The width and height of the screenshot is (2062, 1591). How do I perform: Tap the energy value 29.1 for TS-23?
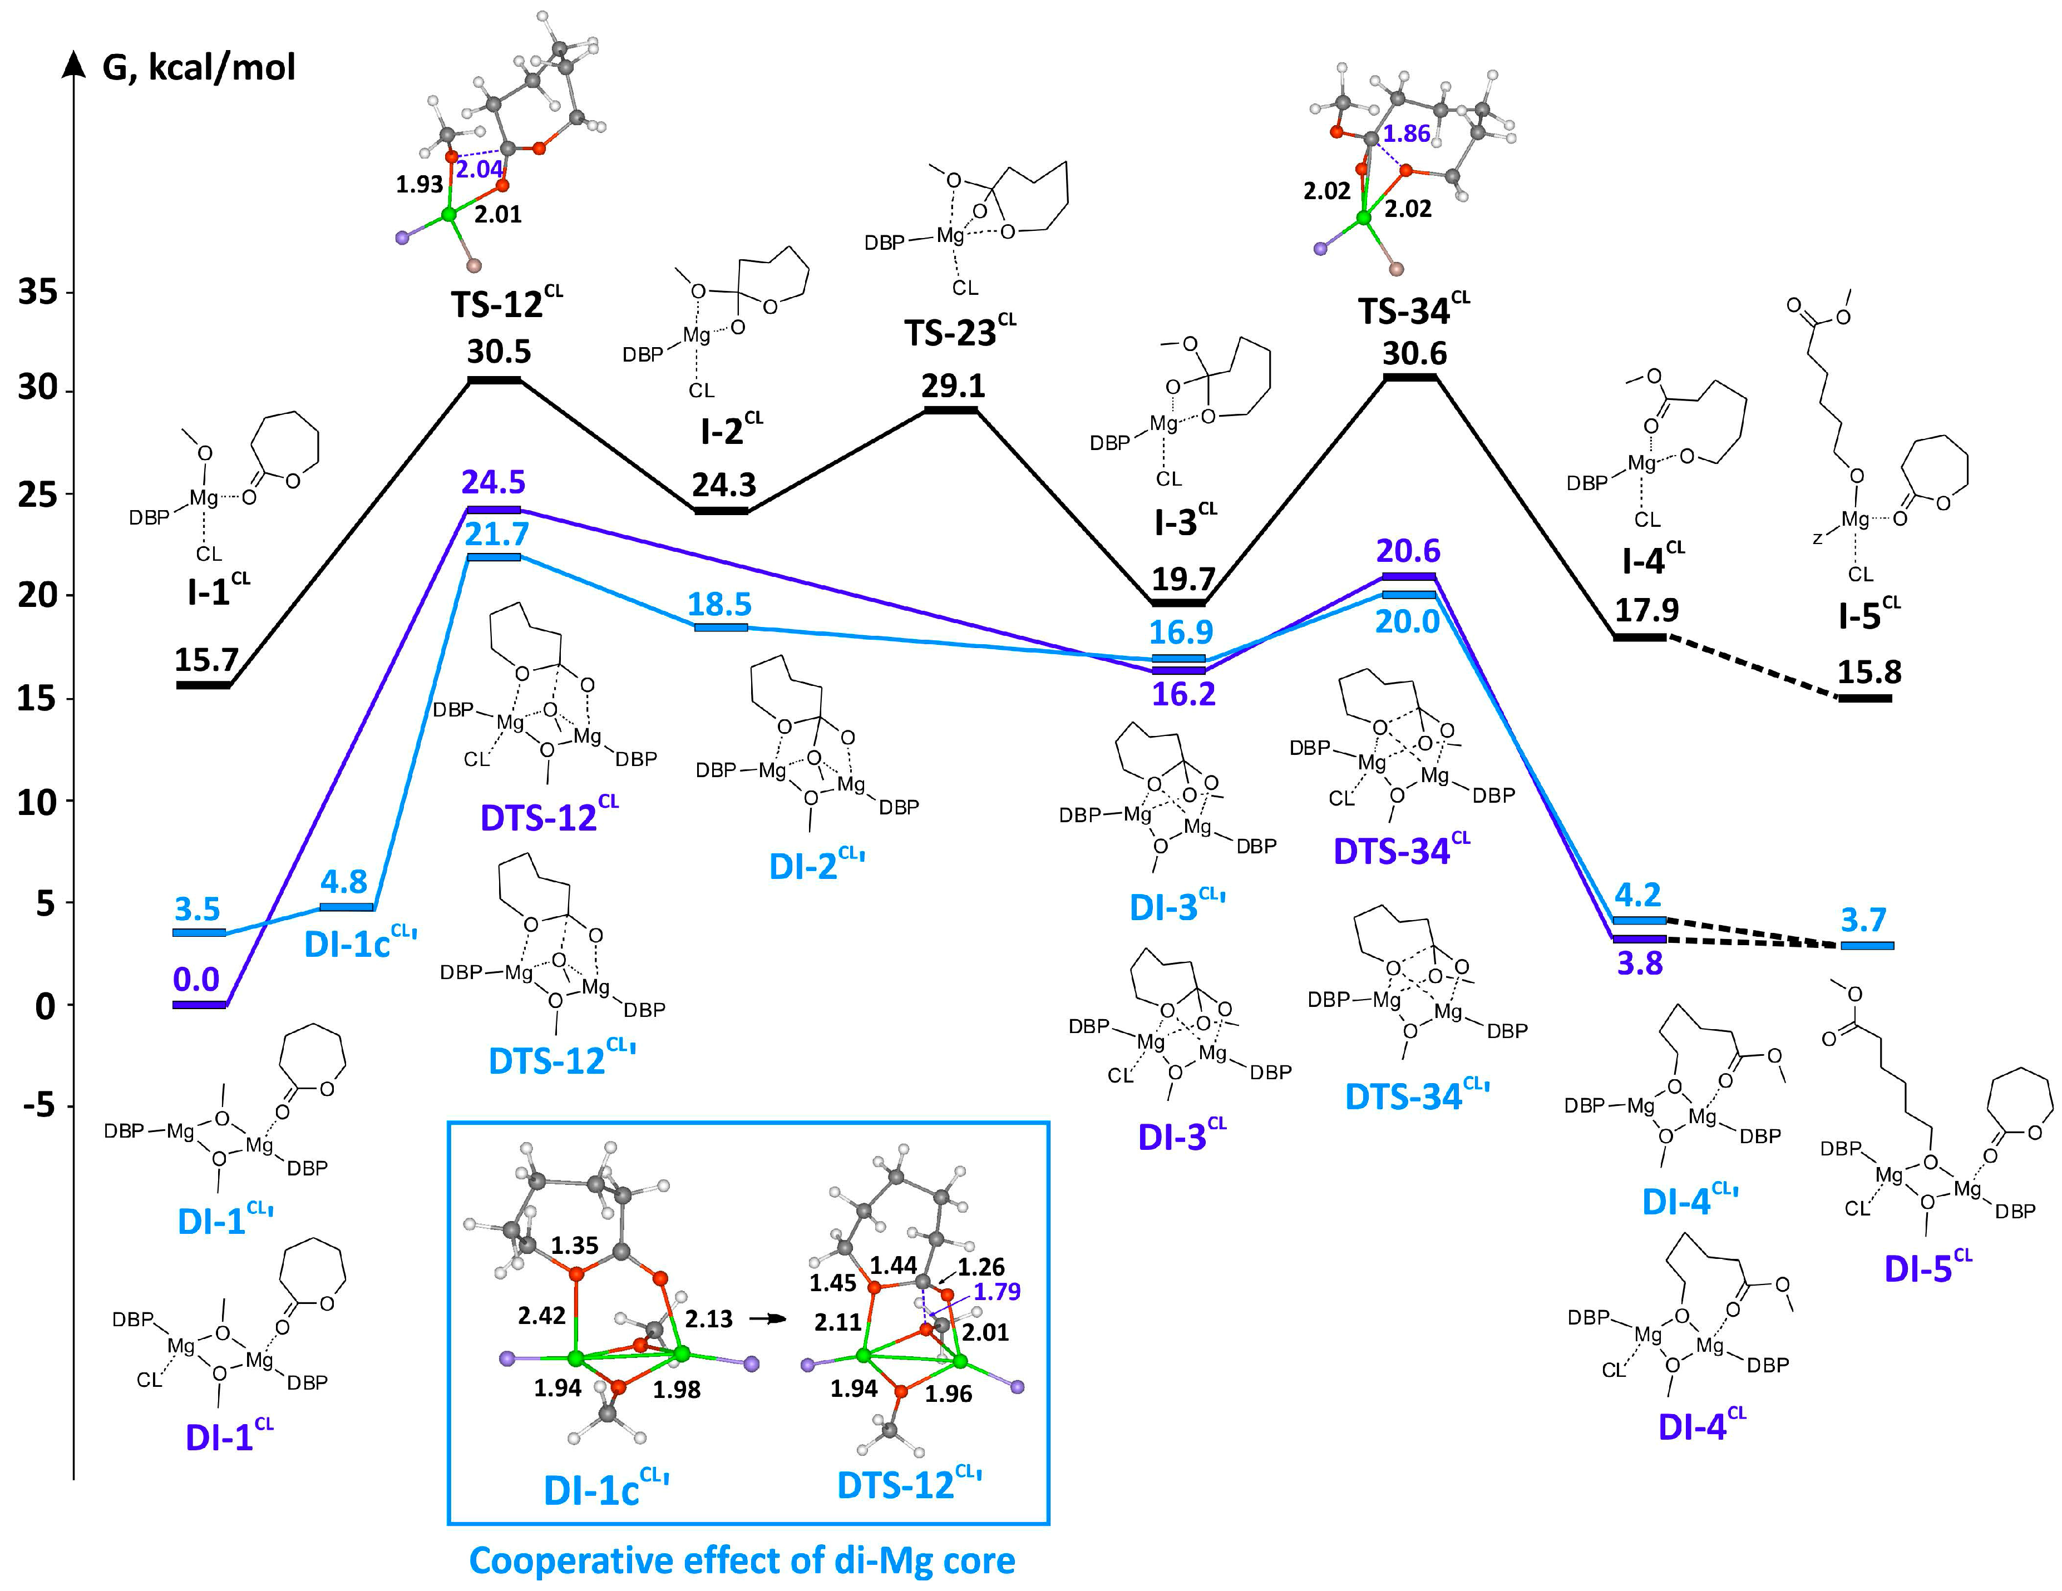[953, 386]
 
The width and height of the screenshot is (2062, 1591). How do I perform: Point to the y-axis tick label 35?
[38, 293]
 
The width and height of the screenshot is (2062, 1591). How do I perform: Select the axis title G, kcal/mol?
[199, 68]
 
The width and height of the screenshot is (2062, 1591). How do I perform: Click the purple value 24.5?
[493, 482]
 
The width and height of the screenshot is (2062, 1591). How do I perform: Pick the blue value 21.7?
[497, 535]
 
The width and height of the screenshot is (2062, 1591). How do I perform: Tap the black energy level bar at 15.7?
[202, 685]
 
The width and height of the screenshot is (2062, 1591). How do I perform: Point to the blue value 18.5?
[719, 604]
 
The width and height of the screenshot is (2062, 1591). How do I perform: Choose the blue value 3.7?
[1863, 920]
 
